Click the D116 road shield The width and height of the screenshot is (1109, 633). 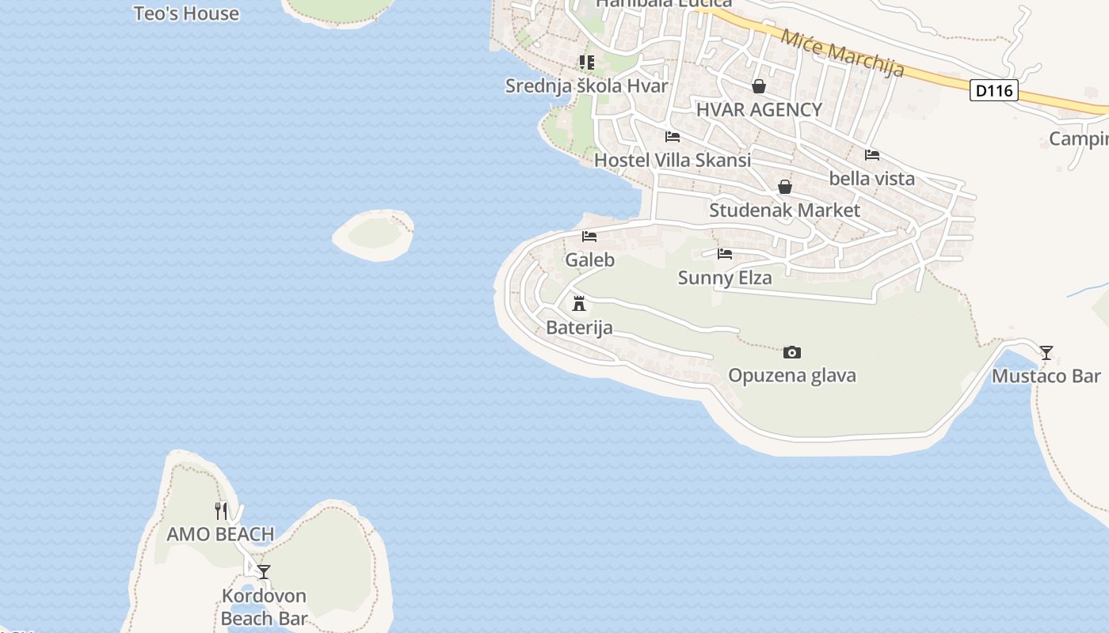993,90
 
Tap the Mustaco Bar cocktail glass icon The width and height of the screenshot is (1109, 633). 1046,353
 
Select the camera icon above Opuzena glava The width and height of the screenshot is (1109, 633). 791,352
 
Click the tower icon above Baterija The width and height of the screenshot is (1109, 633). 579,303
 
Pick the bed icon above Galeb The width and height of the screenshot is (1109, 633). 589,237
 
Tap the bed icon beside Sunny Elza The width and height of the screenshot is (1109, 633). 725,254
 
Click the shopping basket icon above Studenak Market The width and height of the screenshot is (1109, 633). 784,187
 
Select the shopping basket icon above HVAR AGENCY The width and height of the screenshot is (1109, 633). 759,85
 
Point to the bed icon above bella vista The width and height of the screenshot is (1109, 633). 872,155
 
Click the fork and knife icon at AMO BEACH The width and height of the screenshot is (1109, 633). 221,511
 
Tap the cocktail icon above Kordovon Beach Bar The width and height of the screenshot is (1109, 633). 264,571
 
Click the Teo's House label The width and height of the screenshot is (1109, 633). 186,13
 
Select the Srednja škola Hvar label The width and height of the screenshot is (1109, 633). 587,85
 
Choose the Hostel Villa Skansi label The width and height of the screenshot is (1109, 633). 673,160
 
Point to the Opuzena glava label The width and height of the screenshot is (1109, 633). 792,375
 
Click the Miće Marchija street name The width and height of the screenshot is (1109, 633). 842,53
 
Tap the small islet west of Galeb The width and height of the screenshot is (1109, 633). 374,234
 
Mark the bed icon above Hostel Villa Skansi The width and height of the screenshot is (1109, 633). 673,136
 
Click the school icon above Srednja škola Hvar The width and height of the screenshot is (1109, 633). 587,62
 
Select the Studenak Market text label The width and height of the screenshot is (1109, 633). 784,210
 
